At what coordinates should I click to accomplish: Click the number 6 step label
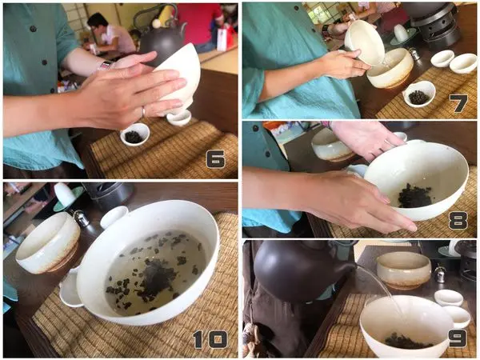tap(216, 159)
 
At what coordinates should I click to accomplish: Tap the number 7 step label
tap(458, 103)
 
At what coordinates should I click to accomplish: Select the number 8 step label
tap(458, 221)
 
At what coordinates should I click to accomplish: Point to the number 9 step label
tap(458, 338)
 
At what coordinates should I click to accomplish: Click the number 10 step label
tap(210, 339)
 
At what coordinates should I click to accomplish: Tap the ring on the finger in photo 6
tap(143, 112)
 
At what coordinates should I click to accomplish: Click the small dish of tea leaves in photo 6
tap(134, 134)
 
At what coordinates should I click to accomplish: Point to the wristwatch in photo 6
tap(104, 66)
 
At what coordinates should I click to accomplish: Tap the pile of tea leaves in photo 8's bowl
tap(414, 196)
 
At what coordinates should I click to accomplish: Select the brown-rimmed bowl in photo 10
tap(48, 242)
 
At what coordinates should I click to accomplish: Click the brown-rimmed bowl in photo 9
tap(404, 270)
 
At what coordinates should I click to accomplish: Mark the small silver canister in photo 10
tap(81, 218)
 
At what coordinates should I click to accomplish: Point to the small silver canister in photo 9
tap(439, 274)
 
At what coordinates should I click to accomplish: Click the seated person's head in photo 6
tap(98, 22)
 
